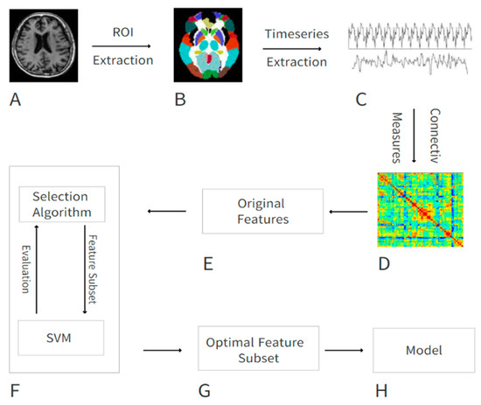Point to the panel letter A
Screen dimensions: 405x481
point(13,100)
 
